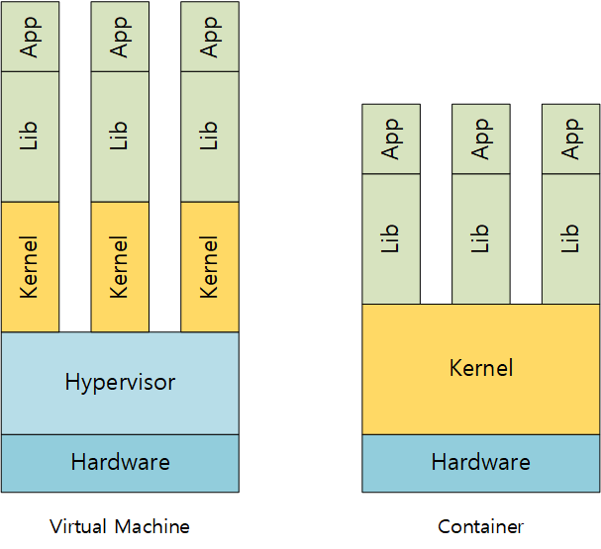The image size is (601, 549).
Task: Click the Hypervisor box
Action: pos(120,382)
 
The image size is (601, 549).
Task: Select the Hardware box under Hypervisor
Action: pos(120,463)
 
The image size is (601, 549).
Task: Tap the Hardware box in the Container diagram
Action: pos(480,463)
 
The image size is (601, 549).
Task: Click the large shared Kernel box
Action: pos(480,369)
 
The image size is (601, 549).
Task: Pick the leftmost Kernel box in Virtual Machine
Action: pos(30,266)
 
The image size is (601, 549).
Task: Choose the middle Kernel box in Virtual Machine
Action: pos(120,266)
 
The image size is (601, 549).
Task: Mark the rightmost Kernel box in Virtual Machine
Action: pos(209,266)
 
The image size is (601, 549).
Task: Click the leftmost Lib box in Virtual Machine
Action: pos(30,137)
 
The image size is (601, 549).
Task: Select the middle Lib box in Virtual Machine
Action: pos(120,137)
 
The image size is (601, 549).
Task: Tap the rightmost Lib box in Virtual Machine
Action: pos(209,137)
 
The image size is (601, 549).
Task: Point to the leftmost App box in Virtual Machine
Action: pos(30,37)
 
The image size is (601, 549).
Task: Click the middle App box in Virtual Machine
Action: pos(120,37)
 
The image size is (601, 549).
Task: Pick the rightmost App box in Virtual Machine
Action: pos(209,37)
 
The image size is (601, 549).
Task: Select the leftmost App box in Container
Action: pos(391,138)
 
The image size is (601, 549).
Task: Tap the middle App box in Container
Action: pos(481,138)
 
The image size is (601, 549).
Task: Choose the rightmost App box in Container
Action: pos(570,138)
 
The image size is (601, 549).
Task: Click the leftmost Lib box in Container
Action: pos(391,238)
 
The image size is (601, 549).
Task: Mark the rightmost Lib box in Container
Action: pos(570,238)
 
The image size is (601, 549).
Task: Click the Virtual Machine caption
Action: pos(120,526)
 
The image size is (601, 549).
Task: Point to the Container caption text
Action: pos(480,526)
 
